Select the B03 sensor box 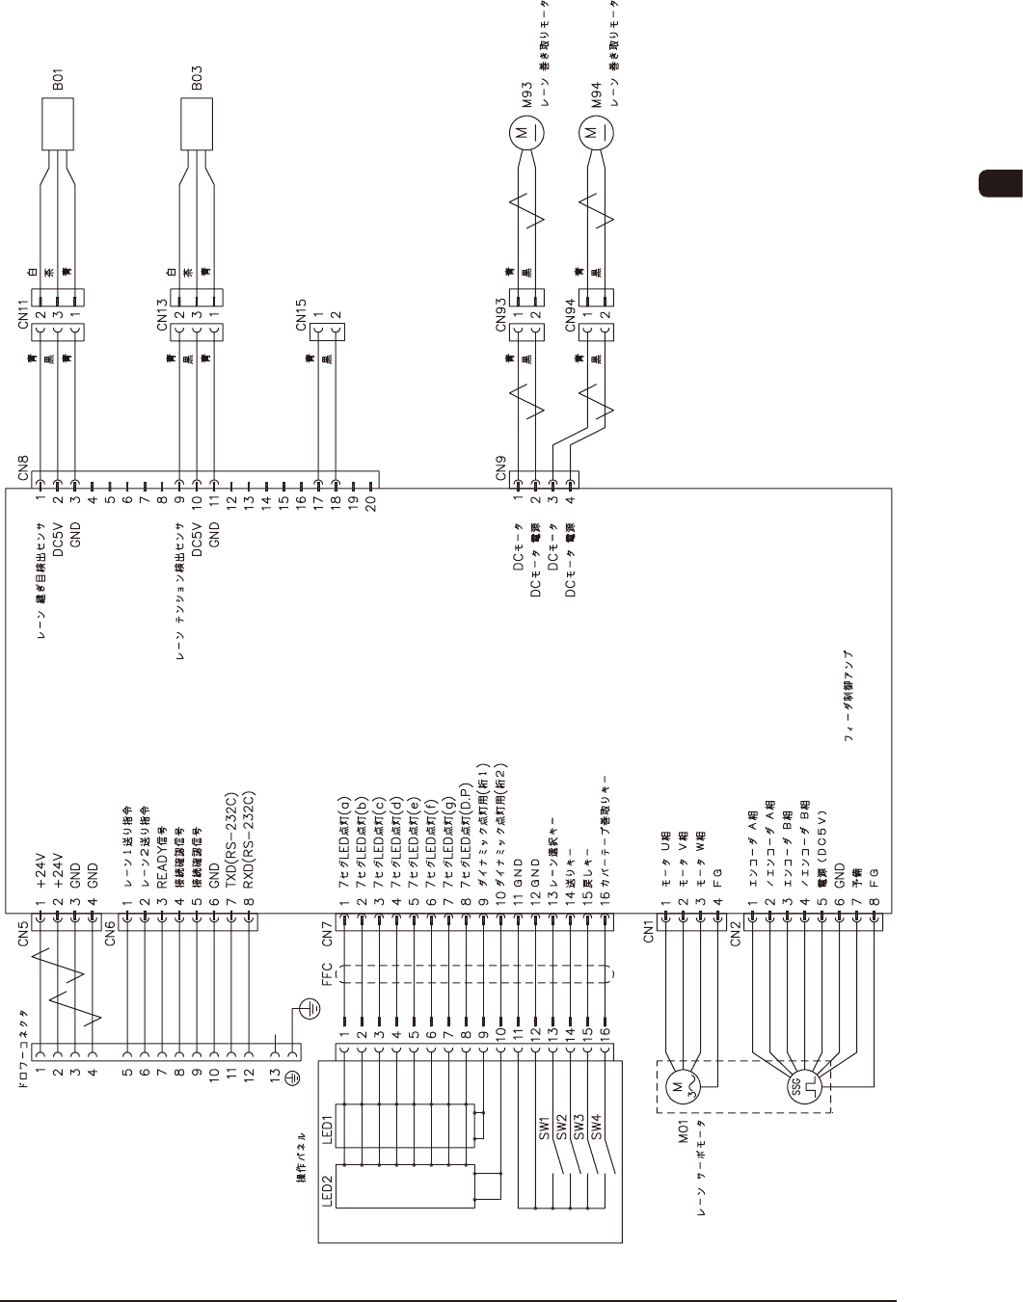click(x=197, y=123)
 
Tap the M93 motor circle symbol click(x=524, y=131)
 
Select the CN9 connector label click(x=501, y=468)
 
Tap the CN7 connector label click(x=326, y=935)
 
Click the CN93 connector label click(x=501, y=314)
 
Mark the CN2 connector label click(x=736, y=936)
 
